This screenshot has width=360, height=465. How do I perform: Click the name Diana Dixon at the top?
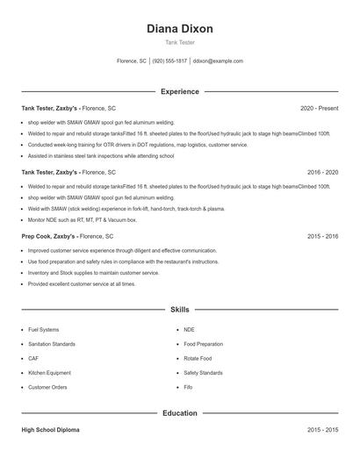coord(179,28)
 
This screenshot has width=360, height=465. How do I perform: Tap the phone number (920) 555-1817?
coord(169,61)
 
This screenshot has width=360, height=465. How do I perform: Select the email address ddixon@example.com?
coord(218,61)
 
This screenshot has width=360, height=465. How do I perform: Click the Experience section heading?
coord(179,91)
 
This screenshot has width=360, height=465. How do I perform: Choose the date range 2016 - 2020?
coord(322,173)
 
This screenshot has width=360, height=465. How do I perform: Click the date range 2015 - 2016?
coord(322,237)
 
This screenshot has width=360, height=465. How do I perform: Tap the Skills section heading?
coord(179,310)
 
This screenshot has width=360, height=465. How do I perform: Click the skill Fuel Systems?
coord(44,329)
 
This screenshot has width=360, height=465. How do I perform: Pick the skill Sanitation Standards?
coord(52,344)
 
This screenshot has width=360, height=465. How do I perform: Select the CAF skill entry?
coord(32,358)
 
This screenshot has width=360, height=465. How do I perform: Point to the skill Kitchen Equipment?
coord(48,373)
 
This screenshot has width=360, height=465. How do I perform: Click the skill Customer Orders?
coord(47,387)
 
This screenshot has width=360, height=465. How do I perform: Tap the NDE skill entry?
coord(189,329)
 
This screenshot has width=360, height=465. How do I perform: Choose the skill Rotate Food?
coord(198,358)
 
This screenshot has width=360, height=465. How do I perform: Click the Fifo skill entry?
coord(188,387)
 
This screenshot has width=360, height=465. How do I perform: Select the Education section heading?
coord(179,412)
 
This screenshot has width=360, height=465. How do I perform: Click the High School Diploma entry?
coord(51,430)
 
